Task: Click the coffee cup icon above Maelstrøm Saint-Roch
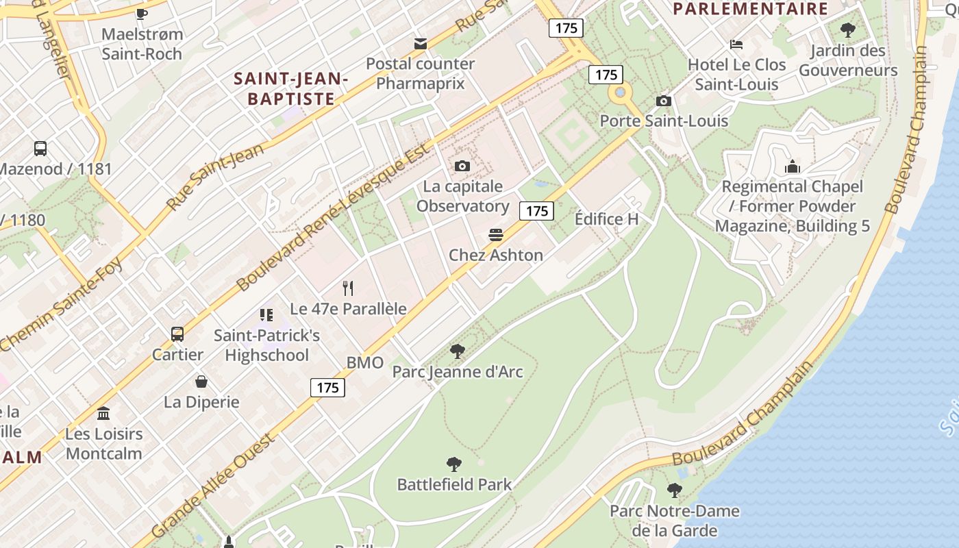click(142, 13)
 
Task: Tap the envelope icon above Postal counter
click(421, 44)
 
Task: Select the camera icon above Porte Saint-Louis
click(663, 101)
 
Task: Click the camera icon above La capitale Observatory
click(462, 166)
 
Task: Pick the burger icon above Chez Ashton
click(496, 235)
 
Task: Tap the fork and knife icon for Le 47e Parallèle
click(348, 288)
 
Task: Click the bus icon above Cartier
click(177, 334)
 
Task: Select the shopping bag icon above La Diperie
click(201, 382)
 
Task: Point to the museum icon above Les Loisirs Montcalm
click(104, 413)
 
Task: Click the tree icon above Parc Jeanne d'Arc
click(457, 351)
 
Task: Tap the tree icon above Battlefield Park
click(453, 464)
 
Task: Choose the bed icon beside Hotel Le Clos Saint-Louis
click(736, 45)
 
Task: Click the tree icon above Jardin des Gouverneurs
click(847, 30)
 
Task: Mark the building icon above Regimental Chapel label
click(792, 166)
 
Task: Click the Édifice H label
click(606, 219)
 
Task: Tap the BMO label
click(364, 363)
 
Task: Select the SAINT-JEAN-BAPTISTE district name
click(291, 88)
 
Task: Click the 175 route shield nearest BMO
click(327, 388)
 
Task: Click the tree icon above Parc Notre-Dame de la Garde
click(675, 490)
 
